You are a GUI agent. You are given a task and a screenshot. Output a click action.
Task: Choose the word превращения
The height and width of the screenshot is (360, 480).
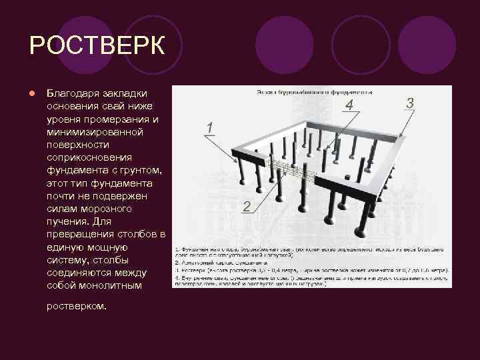(x=81, y=234)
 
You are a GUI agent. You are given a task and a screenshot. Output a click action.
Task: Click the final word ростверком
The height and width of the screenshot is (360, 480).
(x=77, y=307)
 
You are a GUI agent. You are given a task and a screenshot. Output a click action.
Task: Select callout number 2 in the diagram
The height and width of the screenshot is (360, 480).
(x=247, y=207)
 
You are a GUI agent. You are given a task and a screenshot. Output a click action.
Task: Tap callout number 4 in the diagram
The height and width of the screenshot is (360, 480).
(x=349, y=105)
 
